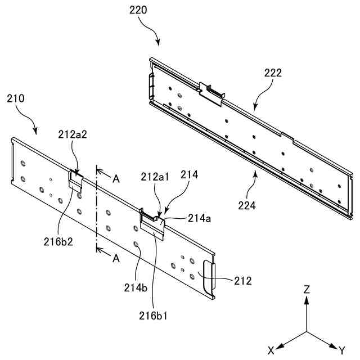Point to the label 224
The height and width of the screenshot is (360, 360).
(246, 205)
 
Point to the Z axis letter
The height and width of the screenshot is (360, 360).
(307, 290)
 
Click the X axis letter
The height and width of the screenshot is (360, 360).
(271, 350)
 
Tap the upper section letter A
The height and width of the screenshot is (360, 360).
(116, 179)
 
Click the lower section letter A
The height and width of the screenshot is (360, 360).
(116, 258)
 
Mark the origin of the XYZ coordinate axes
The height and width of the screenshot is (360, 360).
(307, 331)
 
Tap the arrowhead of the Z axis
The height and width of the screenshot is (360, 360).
(307, 299)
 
